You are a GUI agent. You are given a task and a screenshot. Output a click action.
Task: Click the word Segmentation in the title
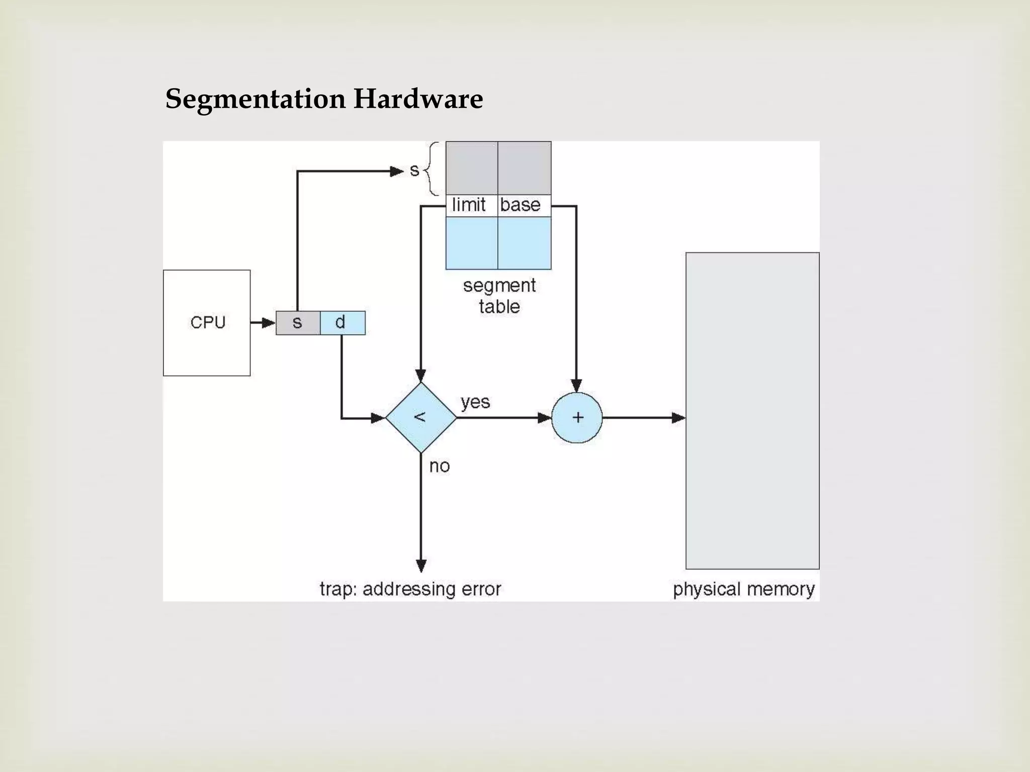(255, 99)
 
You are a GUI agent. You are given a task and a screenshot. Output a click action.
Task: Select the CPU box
(207, 323)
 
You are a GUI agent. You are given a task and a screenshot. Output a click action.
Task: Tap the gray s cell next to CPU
(298, 323)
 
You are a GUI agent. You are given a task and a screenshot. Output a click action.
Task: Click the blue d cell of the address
(342, 323)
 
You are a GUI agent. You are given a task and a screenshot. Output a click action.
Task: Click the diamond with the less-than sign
(421, 418)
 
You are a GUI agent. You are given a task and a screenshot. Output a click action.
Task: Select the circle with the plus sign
(577, 418)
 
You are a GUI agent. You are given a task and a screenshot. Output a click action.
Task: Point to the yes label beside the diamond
(475, 402)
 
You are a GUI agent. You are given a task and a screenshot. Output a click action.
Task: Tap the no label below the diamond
(439, 466)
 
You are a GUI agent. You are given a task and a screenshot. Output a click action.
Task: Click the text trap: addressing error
(410, 589)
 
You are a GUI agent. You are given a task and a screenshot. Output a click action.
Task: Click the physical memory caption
(743, 589)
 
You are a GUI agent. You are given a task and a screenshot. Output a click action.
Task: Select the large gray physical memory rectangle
(752, 410)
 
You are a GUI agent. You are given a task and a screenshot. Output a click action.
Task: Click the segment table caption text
(499, 296)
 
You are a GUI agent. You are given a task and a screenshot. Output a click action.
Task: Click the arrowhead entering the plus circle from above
(577, 385)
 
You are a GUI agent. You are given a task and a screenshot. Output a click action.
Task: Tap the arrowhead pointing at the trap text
(421, 566)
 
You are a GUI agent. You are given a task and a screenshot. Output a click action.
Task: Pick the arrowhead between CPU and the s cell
(268, 323)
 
